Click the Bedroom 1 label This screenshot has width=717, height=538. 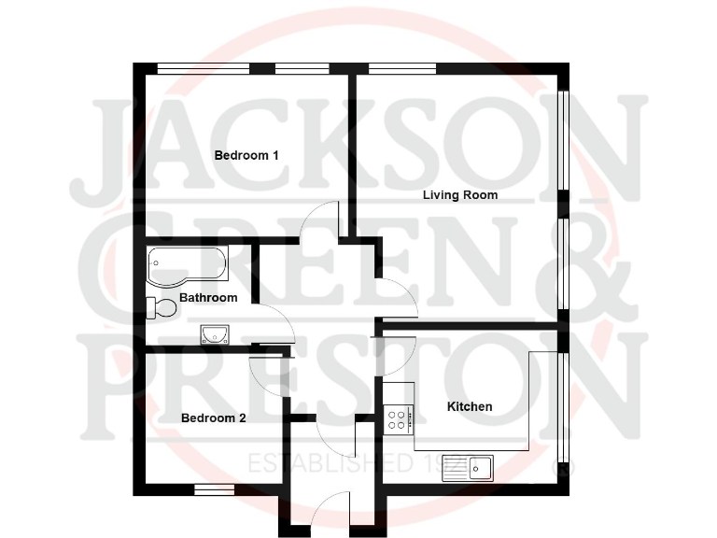pyautogui.click(x=246, y=155)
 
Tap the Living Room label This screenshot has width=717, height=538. pyautogui.click(x=460, y=195)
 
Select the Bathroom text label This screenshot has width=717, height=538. pyautogui.click(x=208, y=298)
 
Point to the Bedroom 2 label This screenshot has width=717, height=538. pyautogui.click(x=214, y=418)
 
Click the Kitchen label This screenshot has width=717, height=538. pyautogui.click(x=470, y=406)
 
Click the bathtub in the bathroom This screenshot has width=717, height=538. pyautogui.click(x=186, y=264)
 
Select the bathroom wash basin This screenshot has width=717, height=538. pyautogui.click(x=215, y=333)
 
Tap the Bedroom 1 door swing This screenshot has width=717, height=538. pyautogui.click(x=323, y=219)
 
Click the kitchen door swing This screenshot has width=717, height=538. pyautogui.click(x=399, y=349)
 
